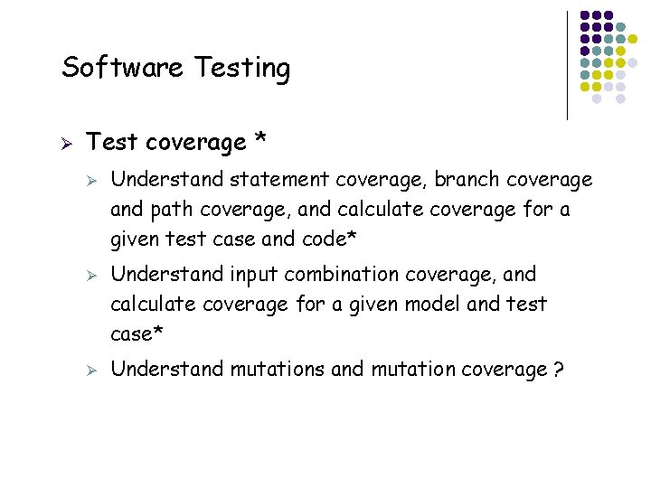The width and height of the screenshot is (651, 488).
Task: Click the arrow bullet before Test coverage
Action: point(65,143)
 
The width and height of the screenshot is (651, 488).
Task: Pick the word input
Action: point(256,274)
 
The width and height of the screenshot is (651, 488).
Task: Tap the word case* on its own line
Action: point(137,334)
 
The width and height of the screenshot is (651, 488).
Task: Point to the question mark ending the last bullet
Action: point(559,369)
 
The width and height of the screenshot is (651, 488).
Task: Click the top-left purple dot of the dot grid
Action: point(585,15)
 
